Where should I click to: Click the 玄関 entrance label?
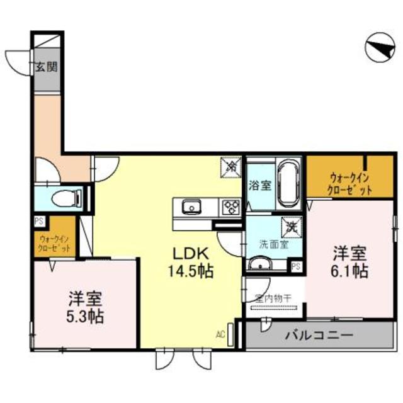46,66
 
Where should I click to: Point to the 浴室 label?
259,186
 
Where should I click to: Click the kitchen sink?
191,206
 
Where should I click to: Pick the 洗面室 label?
274,244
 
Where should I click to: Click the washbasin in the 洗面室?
259,264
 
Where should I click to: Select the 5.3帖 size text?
86,314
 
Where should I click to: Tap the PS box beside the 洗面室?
296,266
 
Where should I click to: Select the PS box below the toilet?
39,221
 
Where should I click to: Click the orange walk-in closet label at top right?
349,183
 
